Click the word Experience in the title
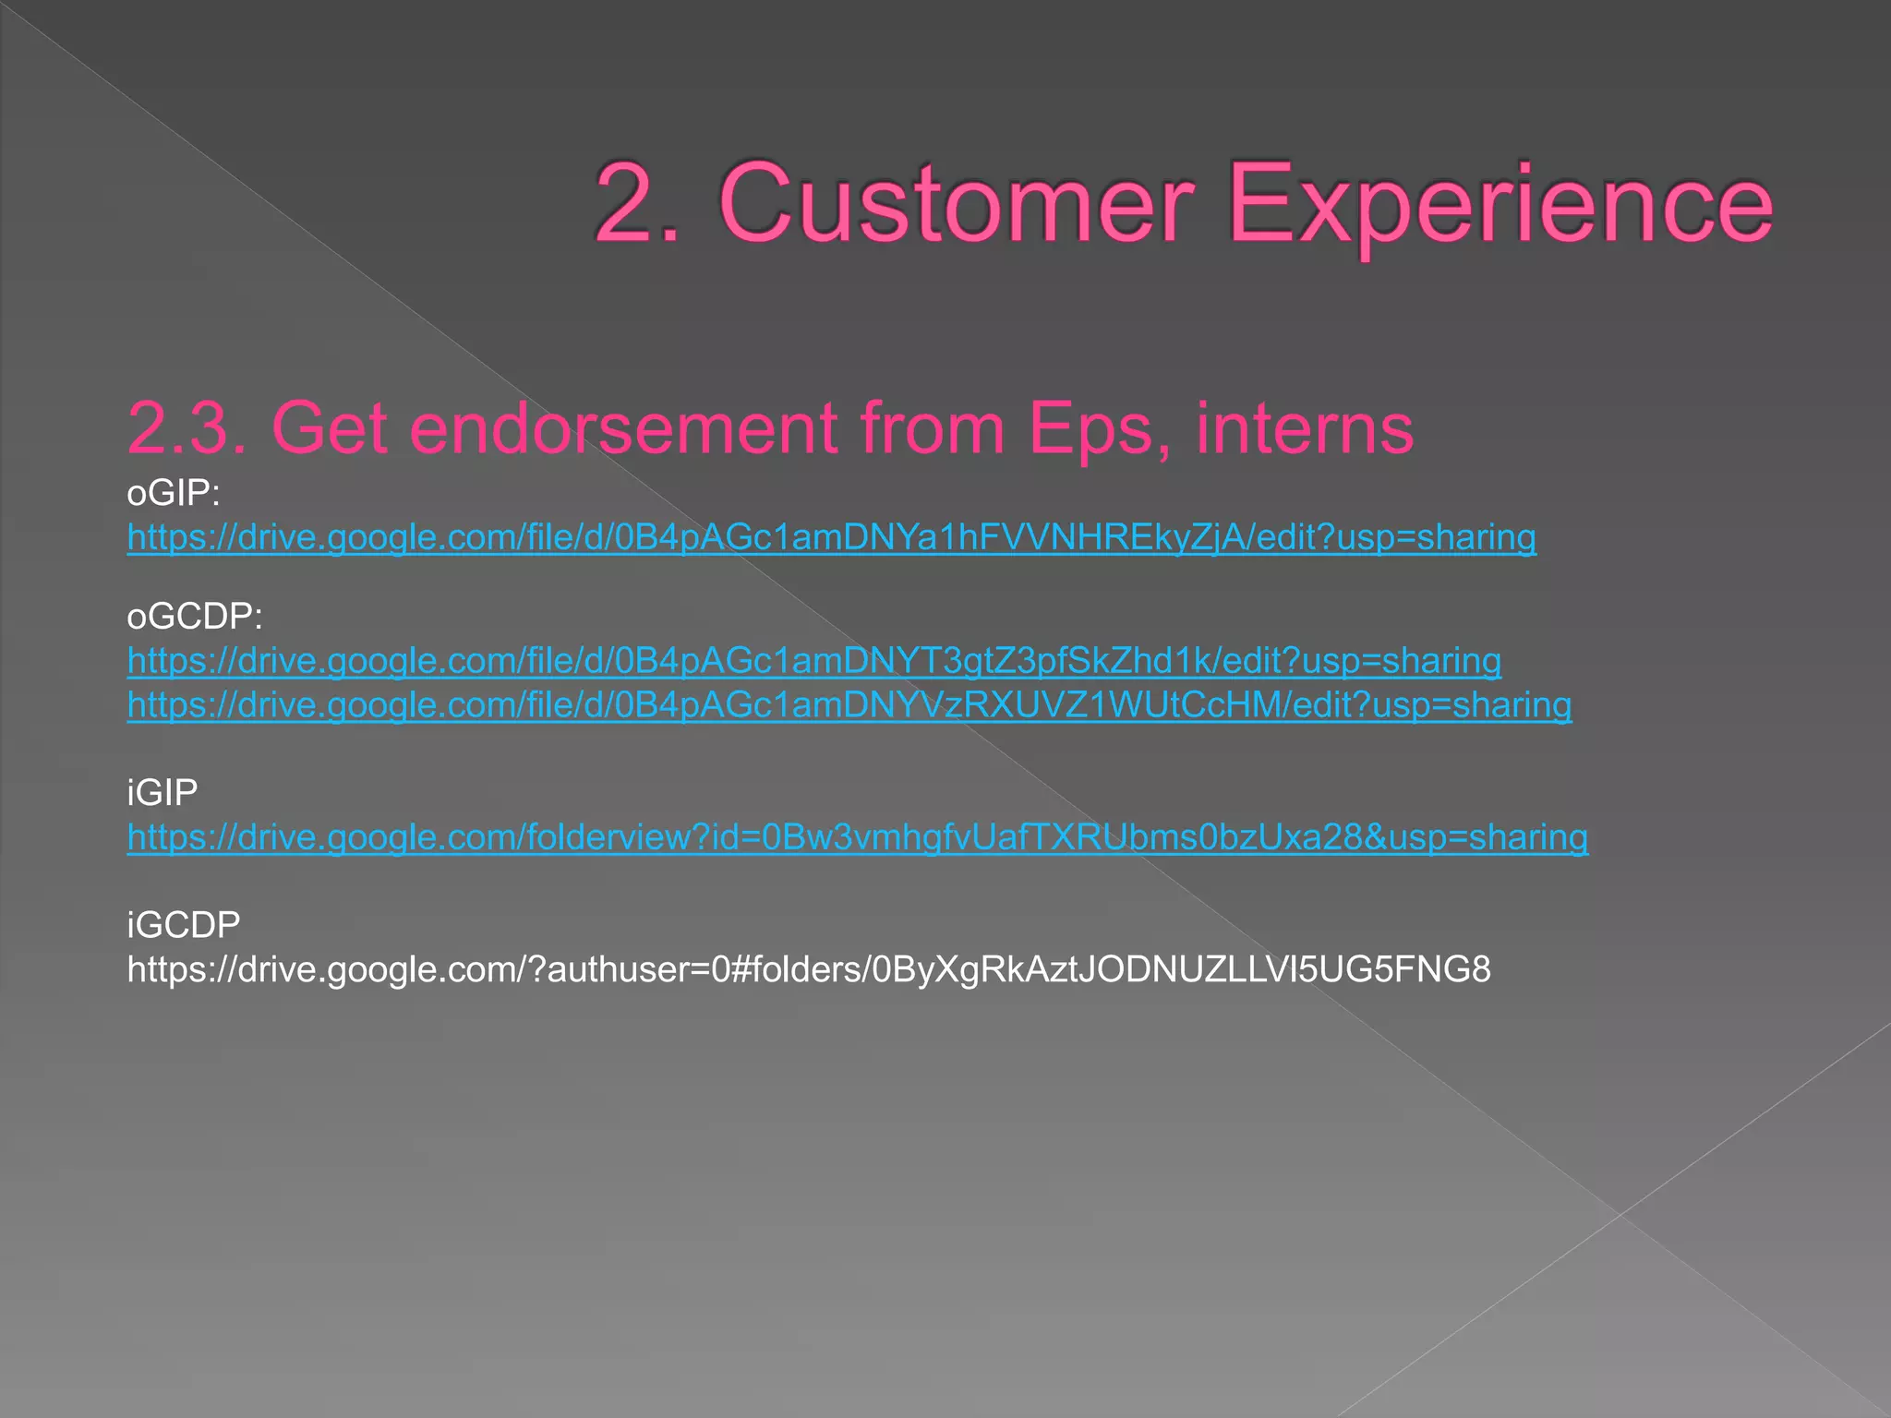(1500, 205)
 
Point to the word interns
(1305, 428)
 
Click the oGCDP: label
(195, 617)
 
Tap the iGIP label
(163, 793)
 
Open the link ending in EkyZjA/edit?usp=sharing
(831, 537)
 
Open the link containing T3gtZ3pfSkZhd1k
(813, 661)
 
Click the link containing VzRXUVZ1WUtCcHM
(849, 705)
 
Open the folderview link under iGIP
(857, 837)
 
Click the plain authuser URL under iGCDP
(808, 969)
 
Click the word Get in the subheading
(329, 428)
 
